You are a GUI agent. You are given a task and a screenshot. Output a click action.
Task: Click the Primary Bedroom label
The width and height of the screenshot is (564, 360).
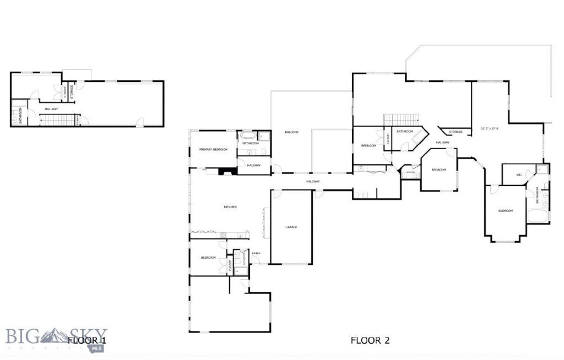point(213,149)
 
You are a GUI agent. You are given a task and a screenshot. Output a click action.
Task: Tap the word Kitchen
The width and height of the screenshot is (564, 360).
point(230,207)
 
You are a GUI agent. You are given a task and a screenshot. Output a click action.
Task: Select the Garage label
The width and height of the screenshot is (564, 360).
point(291,227)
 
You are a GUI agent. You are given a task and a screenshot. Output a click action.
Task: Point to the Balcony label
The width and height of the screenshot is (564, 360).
point(291,133)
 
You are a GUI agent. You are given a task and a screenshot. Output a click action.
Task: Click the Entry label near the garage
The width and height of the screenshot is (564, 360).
point(256,253)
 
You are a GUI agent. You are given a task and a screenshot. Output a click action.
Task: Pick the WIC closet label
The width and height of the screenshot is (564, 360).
point(519,175)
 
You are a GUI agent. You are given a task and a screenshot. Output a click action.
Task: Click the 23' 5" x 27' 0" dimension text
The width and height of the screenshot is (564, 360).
point(490,129)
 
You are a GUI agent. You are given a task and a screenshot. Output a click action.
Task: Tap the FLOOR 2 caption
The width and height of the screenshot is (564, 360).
point(370,340)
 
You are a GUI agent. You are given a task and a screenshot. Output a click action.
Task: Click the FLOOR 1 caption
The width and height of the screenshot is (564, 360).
point(86,340)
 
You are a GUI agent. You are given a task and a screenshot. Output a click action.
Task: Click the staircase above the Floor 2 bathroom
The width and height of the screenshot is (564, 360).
point(402,119)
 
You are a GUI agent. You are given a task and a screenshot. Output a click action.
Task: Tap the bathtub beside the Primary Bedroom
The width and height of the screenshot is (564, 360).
point(246,135)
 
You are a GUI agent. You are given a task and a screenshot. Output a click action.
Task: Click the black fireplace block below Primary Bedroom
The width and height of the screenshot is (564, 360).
point(226,171)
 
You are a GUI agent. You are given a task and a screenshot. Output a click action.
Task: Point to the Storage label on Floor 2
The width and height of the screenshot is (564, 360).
point(455,132)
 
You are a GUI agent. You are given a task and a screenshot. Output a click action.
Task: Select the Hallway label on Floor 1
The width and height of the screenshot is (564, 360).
point(51,109)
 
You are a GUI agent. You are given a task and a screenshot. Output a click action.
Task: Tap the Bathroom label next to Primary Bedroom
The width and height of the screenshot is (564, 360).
point(251,143)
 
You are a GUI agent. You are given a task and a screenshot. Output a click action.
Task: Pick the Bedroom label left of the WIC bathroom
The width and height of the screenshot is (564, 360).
point(506,211)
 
